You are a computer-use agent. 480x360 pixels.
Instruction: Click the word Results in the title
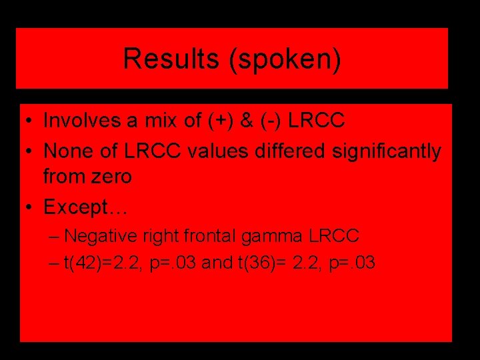tap(171, 59)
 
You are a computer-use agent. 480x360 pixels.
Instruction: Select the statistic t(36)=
tap(260, 263)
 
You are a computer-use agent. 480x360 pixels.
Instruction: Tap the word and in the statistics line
tap(213, 263)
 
